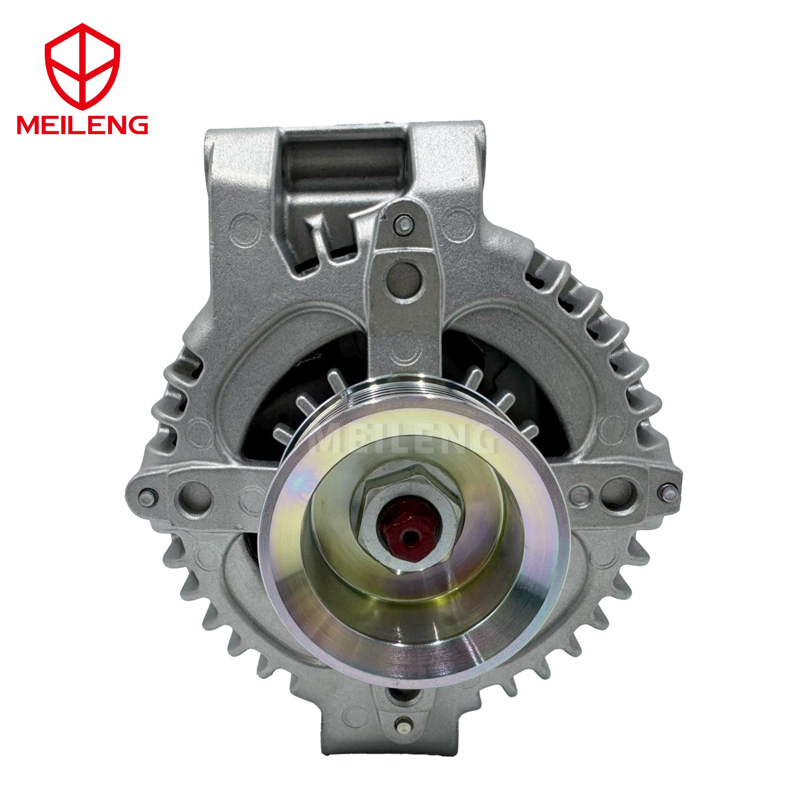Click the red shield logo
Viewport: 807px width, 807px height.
pyautogui.click(x=82, y=67)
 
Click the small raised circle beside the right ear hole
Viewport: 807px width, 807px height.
pyautogui.click(x=579, y=494)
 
